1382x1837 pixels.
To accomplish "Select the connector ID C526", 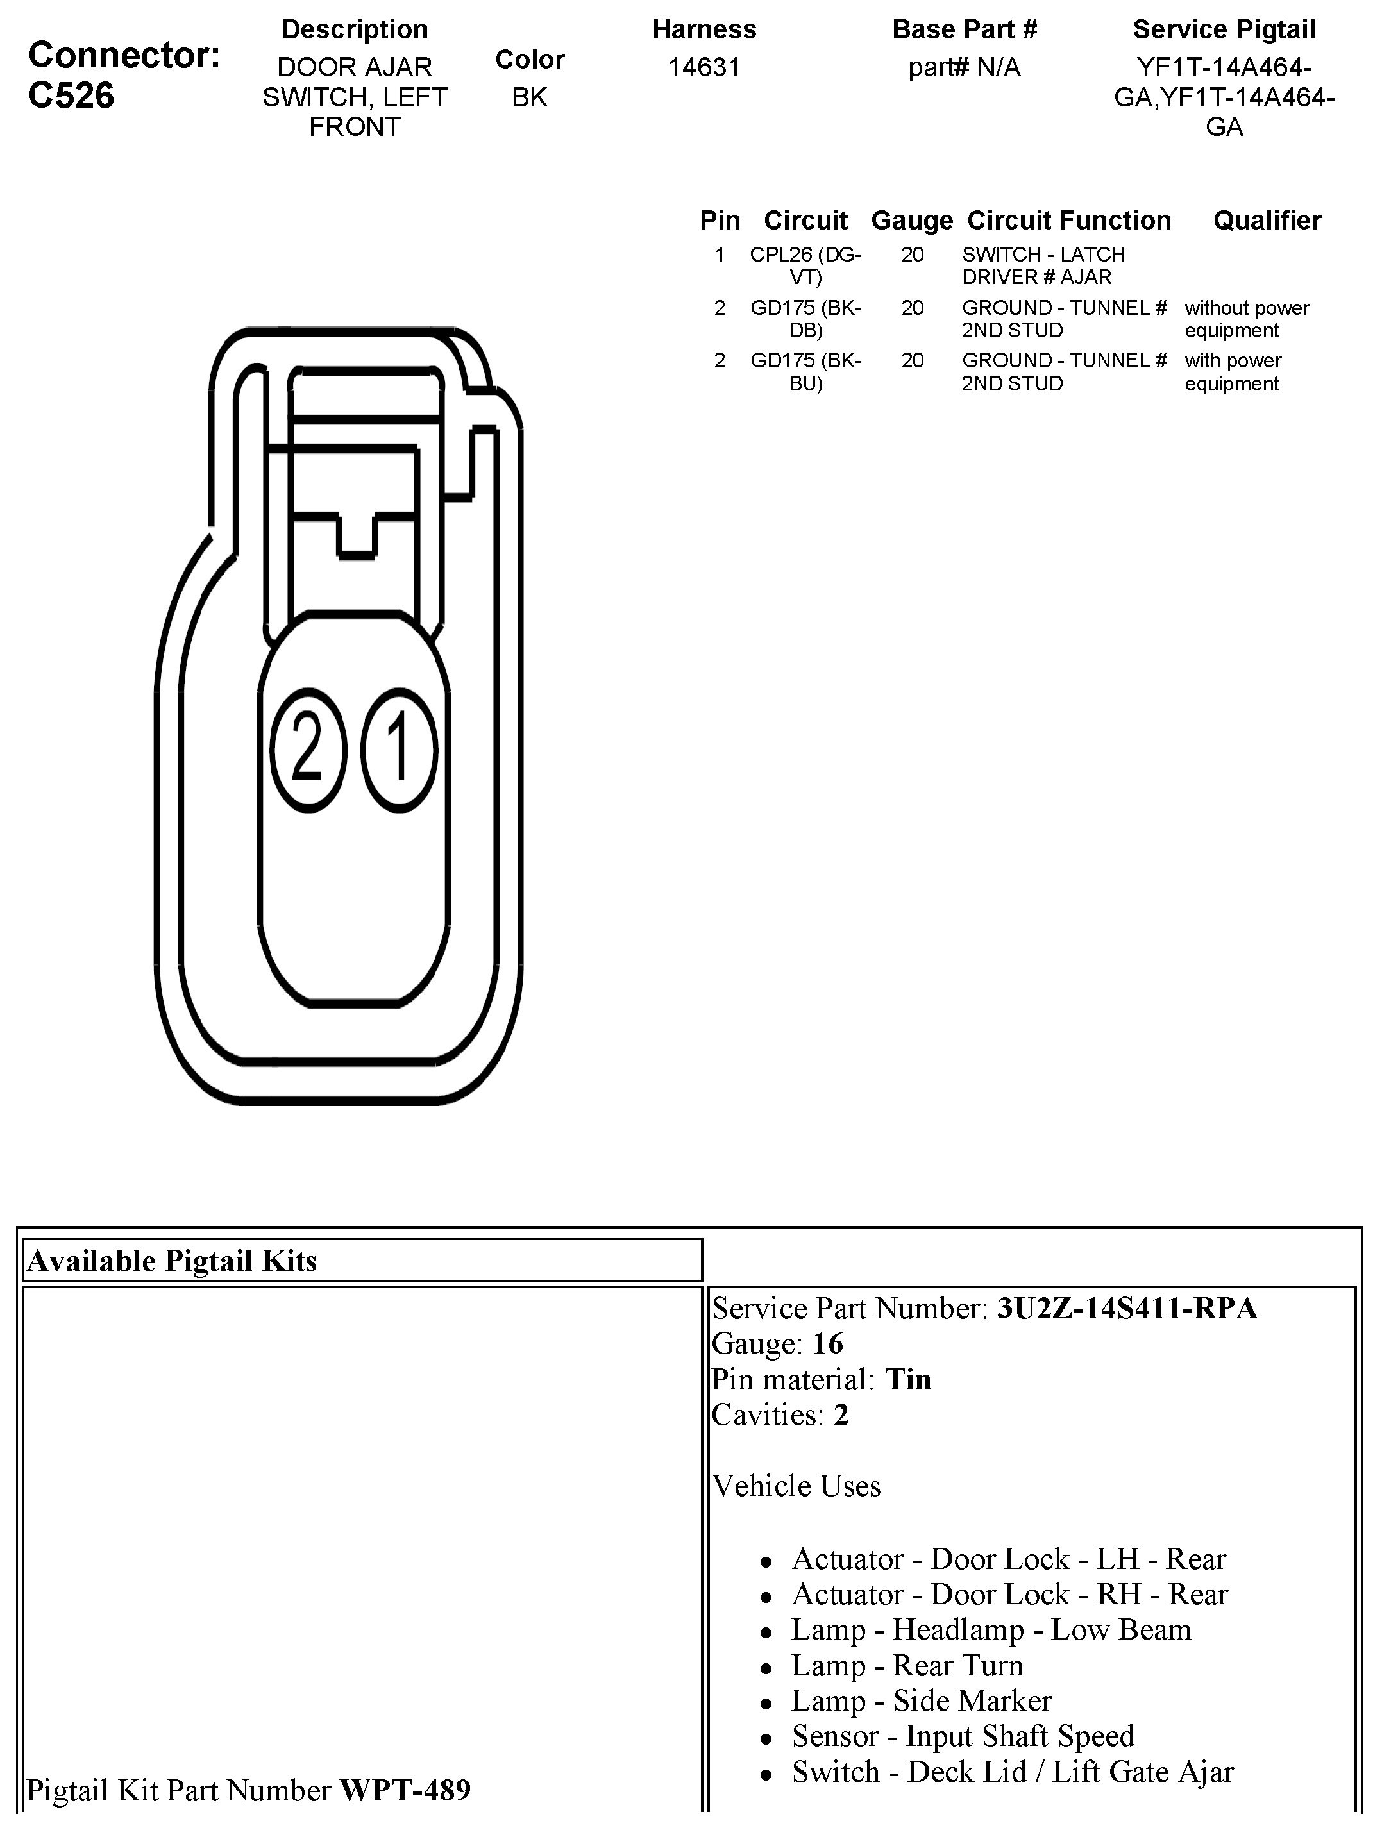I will (71, 96).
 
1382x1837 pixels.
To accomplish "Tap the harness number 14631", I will (704, 67).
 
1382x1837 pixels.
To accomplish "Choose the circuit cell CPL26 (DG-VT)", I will (805, 265).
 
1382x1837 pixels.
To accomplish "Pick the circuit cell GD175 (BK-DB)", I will (805, 319).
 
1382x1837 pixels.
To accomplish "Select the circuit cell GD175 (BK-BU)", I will (805, 372).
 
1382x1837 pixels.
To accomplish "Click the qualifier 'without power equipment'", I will (1246, 319).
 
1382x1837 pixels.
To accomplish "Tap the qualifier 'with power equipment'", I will (1233, 372).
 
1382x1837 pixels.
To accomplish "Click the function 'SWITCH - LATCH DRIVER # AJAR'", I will (1043, 265).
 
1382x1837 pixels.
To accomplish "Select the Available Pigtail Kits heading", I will (172, 1261).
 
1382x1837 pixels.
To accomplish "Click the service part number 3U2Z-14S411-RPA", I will (1126, 1308).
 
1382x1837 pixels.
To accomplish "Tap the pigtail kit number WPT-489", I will (405, 1789).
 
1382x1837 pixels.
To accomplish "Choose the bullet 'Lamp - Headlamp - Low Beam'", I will (991, 1629).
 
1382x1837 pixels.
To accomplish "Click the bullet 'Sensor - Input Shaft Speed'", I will (963, 1736).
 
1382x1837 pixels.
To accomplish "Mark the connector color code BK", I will (529, 97).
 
